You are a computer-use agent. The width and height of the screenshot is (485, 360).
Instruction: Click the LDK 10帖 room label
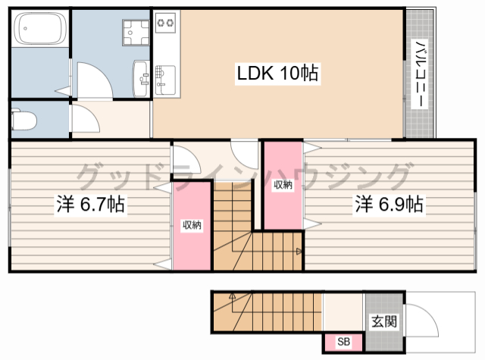coord(277,73)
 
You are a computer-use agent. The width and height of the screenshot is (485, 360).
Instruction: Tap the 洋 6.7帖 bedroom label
coord(91,204)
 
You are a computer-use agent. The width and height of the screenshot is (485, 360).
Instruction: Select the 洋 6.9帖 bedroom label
coord(389,204)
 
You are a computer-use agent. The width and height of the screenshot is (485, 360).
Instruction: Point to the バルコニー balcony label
coord(420,74)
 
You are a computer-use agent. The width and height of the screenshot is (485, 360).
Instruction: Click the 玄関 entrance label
coord(384,321)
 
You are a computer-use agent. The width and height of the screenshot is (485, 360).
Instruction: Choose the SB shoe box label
coord(343,342)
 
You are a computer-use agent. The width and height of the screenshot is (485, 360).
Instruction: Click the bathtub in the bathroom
coord(40,29)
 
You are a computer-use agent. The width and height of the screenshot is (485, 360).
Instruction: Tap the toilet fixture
coord(23,119)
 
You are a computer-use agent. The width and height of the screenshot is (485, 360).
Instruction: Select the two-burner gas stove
coord(165,23)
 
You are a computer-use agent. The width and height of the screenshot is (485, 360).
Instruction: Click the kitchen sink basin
coord(165,80)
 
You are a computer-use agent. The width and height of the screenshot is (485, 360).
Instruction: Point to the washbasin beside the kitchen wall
coord(142,79)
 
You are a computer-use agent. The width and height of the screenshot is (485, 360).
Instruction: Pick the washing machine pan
coord(136,33)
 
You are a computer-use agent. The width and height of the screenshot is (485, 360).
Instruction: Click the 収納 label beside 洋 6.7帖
coord(192,225)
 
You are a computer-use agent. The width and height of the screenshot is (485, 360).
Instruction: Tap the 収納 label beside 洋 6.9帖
coord(283,185)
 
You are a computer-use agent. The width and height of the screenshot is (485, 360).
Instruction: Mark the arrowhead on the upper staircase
coord(299,251)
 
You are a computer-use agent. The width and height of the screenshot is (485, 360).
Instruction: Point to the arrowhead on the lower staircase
coord(233,296)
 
